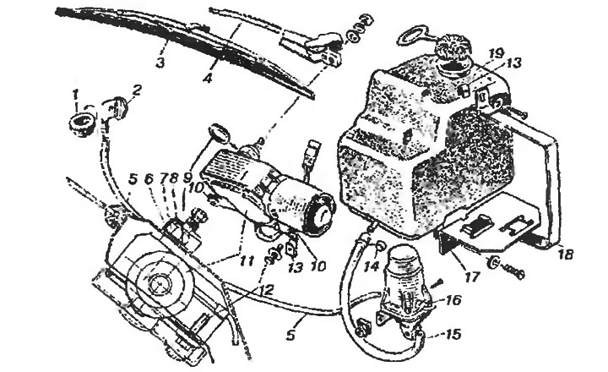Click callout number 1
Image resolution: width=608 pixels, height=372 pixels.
coord(75,94)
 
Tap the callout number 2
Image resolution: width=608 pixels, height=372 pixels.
coord(137,91)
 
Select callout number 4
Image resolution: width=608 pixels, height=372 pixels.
coord(209,79)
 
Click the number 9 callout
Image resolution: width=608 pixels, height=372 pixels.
coord(187,178)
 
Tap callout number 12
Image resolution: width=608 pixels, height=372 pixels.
coord(266,290)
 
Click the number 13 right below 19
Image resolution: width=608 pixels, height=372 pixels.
coord(513,63)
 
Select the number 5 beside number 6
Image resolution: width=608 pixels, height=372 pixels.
coord(133,179)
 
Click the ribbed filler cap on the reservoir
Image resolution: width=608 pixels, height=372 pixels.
coord(453,49)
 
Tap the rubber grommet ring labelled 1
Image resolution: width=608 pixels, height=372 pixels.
coord(82,124)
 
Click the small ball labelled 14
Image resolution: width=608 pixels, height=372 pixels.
coord(380,245)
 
